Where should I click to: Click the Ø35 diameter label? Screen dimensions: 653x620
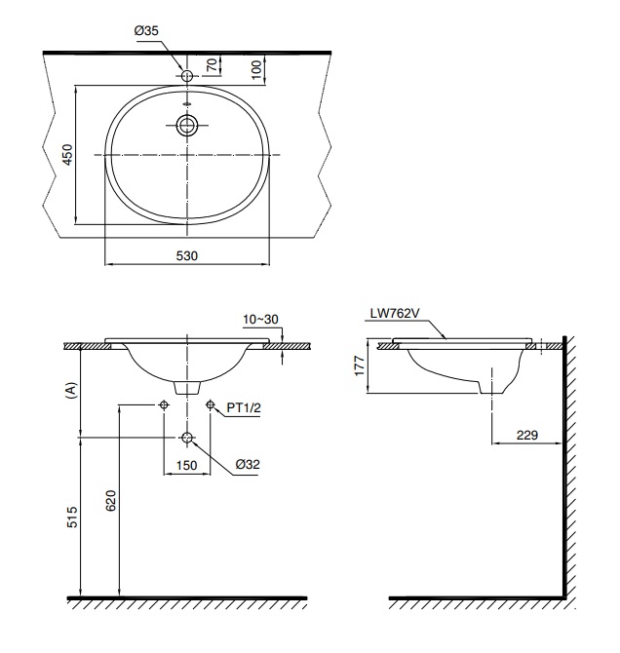[x=146, y=31]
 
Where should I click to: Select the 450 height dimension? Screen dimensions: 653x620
[x=67, y=156]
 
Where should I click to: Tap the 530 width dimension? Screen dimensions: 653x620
[x=186, y=255]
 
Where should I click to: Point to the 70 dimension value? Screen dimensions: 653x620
[x=211, y=65]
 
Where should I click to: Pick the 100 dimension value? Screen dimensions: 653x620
[x=255, y=68]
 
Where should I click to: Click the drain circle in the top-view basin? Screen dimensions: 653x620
[x=186, y=124]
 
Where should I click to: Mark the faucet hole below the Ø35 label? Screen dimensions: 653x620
[x=186, y=74]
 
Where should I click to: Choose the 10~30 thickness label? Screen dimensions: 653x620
[x=260, y=319]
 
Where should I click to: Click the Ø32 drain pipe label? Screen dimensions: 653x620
[x=247, y=465]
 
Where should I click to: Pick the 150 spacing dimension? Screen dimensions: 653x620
[x=186, y=466]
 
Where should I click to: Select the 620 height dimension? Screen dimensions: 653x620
[x=110, y=501]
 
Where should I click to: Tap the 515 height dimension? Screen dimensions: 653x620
[x=71, y=518]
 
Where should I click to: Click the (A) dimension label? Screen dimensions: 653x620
[x=69, y=390]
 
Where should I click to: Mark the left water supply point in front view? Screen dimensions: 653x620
[x=163, y=403]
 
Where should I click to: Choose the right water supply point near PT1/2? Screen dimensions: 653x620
[x=210, y=403]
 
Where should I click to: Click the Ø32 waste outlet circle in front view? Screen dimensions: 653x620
[x=186, y=437]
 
